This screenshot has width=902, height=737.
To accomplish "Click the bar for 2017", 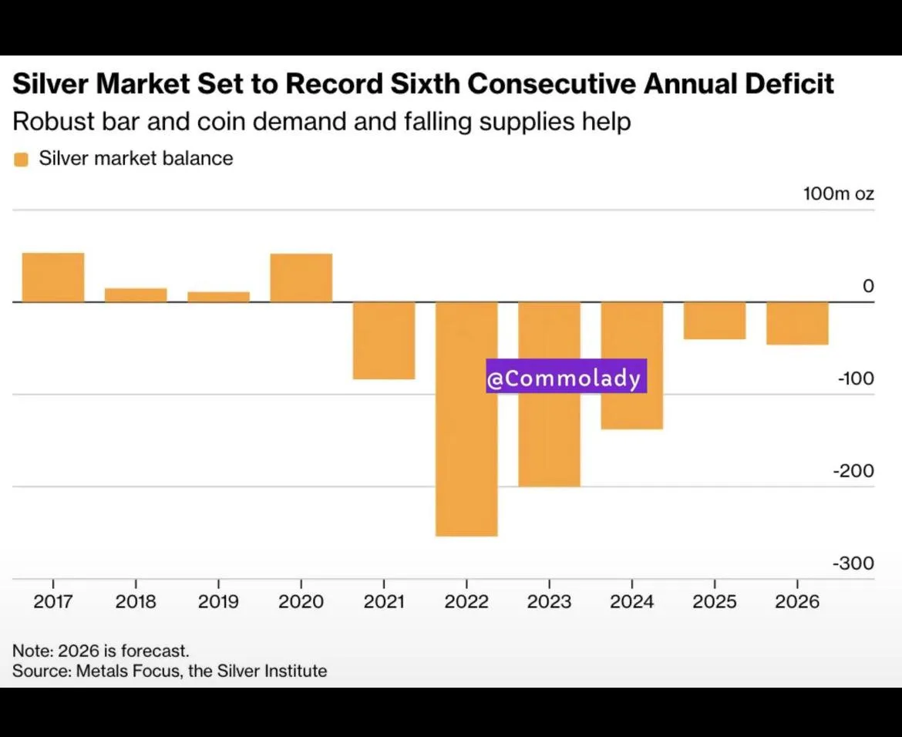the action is [x=53, y=278].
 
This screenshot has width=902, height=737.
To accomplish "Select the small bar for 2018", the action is [x=136, y=295].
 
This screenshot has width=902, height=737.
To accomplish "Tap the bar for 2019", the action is [x=219, y=297].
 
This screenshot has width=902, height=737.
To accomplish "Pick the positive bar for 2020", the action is [x=301, y=278].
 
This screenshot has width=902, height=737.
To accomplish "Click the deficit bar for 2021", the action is [x=384, y=341].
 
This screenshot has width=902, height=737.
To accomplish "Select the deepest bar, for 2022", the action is [x=466, y=419].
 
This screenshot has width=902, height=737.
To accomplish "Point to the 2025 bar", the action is [x=715, y=321].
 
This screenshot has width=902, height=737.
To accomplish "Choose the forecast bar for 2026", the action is [x=797, y=323].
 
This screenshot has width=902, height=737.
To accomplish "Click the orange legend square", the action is [x=22, y=160].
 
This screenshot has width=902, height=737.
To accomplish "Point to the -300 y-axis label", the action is [x=853, y=563].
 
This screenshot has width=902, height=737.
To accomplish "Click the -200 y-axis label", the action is [x=853, y=470].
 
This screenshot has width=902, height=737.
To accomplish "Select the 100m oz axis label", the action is [x=839, y=194].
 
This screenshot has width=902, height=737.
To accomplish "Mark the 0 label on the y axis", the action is [x=868, y=286].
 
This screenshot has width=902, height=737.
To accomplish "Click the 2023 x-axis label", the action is [x=550, y=601].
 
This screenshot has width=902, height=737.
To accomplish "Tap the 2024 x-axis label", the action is [x=631, y=601].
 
